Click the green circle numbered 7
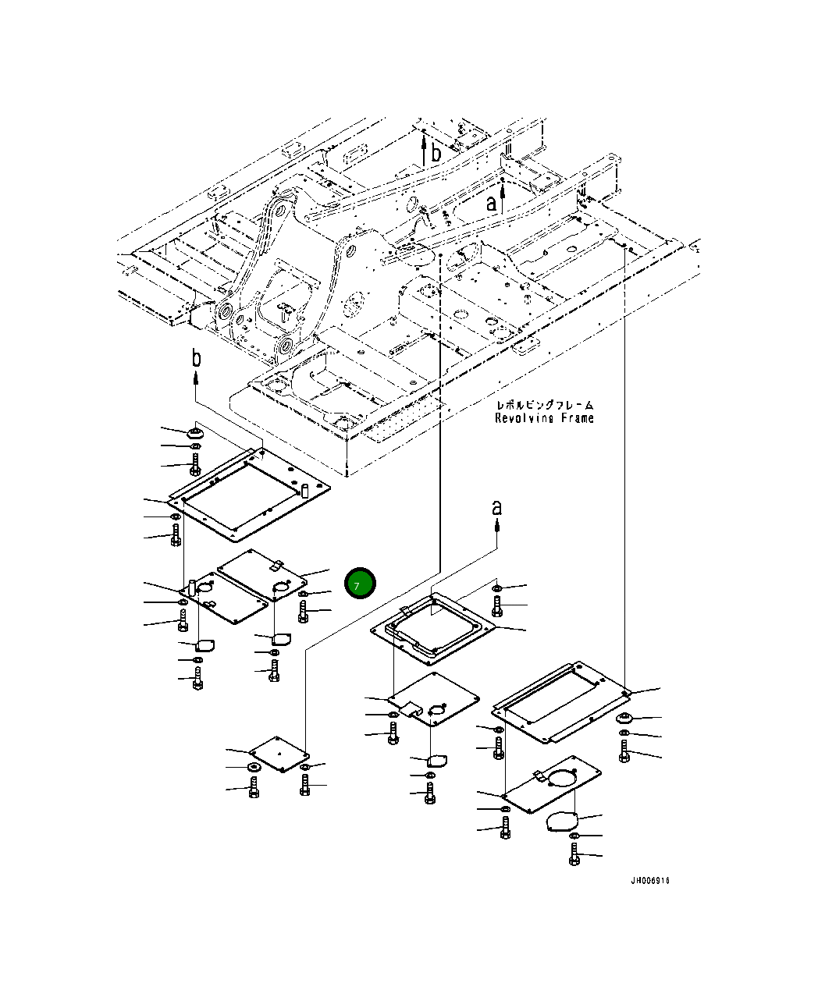(360, 584)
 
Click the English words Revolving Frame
(544, 418)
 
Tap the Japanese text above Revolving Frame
(544, 405)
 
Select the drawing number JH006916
(650, 881)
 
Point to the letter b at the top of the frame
(436, 154)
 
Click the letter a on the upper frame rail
(491, 203)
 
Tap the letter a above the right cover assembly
(497, 508)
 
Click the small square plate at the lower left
(279, 753)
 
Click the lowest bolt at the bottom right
(574, 857)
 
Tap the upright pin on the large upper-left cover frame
(304, 492)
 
